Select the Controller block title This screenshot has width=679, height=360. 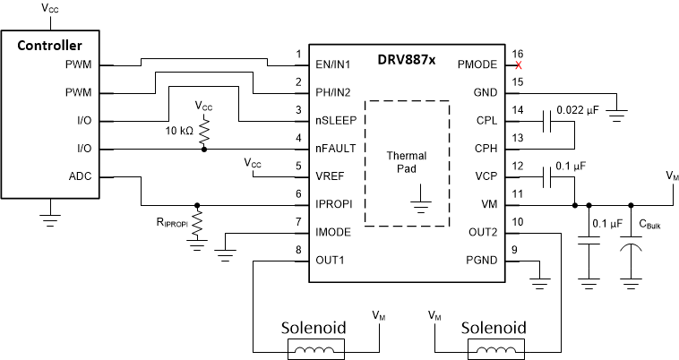50,45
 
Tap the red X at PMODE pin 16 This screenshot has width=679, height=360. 518,64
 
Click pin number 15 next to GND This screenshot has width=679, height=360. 518,82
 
